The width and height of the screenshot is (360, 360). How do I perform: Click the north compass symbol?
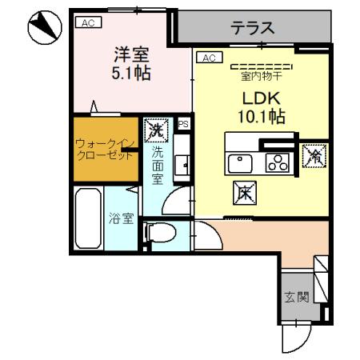(x=42, y=29)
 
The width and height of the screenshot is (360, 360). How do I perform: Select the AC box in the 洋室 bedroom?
(x=87, y=23)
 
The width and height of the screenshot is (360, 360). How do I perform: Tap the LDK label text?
(x=259, y=98)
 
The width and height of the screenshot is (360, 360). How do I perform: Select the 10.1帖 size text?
(x=259, y=117)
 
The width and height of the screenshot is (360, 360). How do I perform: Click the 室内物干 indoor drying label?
(x=261, y=77)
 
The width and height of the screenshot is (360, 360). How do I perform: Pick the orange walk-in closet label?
(x=104, y=149)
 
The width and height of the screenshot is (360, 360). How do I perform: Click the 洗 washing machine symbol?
(x=154, y=127)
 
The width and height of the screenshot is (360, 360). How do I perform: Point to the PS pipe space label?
(x=183, y=123)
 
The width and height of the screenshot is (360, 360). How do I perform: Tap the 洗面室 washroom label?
(x=158, y=163)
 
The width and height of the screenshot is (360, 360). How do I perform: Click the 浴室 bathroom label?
(x=121, y=218)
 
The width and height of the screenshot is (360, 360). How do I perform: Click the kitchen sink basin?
(x=240, y=163)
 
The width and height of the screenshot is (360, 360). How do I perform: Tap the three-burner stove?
(x=277, y=163)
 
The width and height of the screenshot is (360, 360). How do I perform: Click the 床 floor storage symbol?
(x=244, y=191)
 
